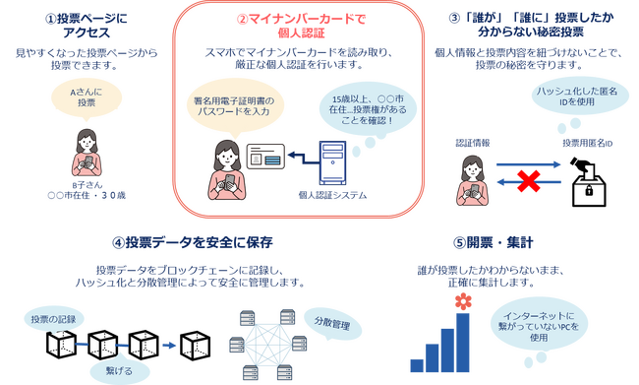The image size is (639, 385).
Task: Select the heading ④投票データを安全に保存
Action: click(192, 242)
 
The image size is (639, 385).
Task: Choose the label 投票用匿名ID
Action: click(588, 144)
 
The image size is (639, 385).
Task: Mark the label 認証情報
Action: click(473, 144)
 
